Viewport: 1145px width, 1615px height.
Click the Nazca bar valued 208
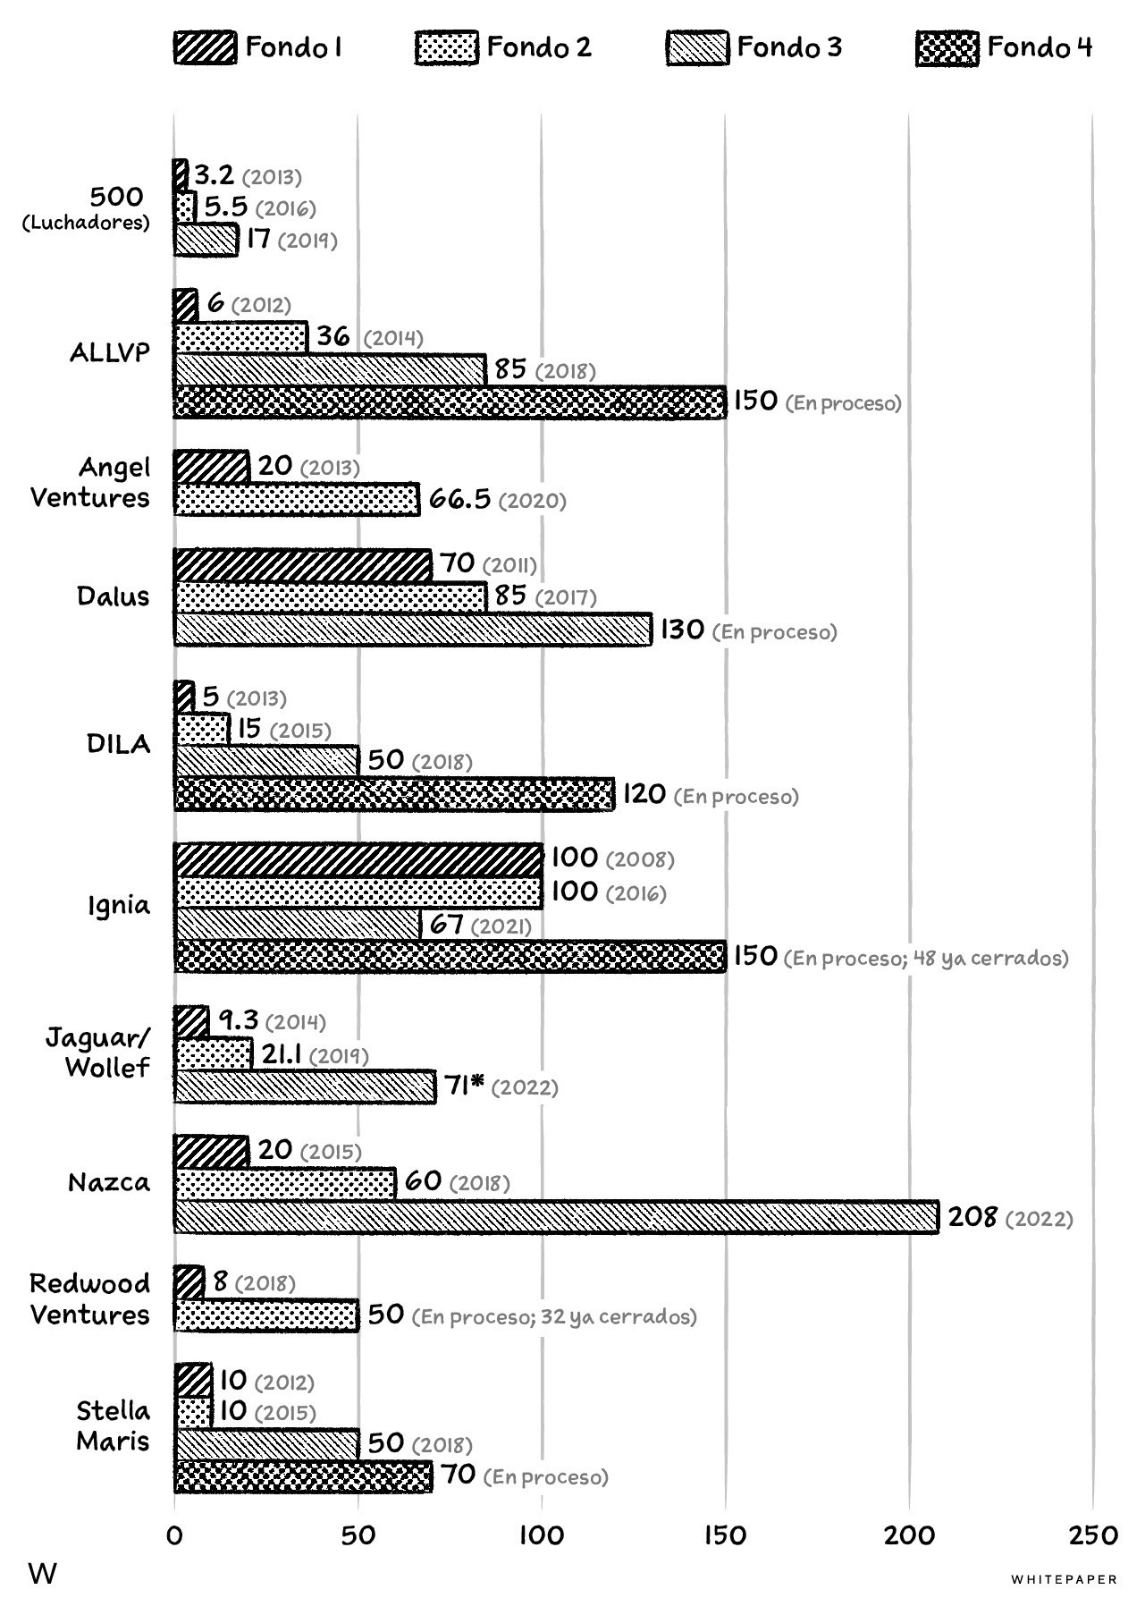coord(555,1217)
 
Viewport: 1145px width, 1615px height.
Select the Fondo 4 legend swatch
coord(947,48)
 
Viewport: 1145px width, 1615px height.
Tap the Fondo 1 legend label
coord(293,47)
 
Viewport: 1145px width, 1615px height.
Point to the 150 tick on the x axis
coord(725,1535)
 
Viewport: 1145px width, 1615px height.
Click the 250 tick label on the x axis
coord(1092,1535)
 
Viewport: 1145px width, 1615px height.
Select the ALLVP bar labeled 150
coord(450,402)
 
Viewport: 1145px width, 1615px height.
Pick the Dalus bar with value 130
coord(412,630)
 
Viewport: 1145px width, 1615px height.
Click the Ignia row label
coord(118,906)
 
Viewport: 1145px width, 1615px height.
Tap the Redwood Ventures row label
coord(90,1299)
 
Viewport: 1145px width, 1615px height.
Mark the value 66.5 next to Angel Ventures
coord(459,499)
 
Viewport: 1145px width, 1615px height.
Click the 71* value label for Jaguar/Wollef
coord(464,1086)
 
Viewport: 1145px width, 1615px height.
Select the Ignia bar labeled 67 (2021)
coord(297,924)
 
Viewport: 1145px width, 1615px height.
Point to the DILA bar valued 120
coord(394,794)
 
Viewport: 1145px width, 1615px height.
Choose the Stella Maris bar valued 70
coord(302,1476)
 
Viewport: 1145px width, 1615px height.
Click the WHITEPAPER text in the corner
coord(1064,1579)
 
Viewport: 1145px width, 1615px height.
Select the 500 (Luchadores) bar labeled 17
coord(206,241)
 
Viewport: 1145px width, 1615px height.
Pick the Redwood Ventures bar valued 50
coord(265,1315)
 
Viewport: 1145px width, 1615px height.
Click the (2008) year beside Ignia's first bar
coord(640,859)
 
